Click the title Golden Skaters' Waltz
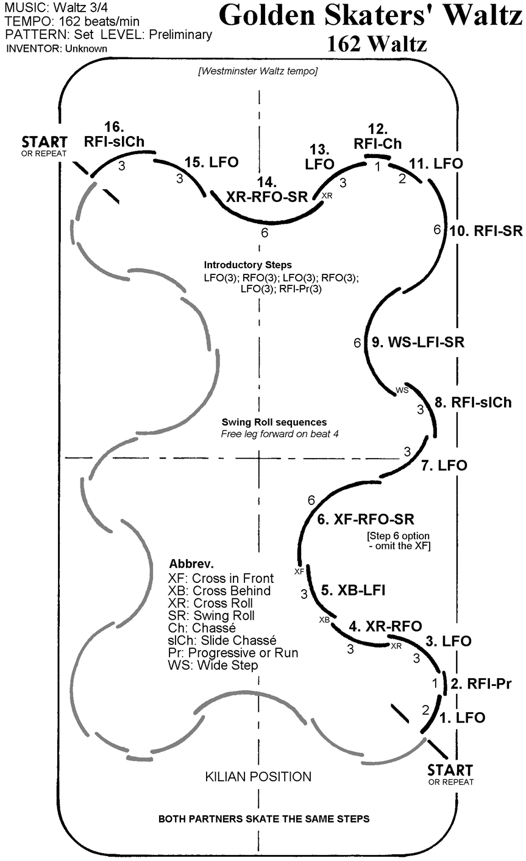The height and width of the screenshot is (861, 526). [x=371, y=16]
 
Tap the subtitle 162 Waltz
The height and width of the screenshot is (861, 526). [x=375, y=44]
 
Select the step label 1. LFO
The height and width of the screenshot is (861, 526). [x=462, y=718]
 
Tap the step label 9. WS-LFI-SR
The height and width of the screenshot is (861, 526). [x=418, y=342]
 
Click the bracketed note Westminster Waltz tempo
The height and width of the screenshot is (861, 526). [x=258, y=71]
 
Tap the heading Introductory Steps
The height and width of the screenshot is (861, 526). [x=248, y=265]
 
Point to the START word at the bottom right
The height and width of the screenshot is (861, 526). [x=450, y=769]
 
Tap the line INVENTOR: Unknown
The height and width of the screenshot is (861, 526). [x=57, y=48]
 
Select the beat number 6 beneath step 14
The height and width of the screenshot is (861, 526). [x=264, y=233]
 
